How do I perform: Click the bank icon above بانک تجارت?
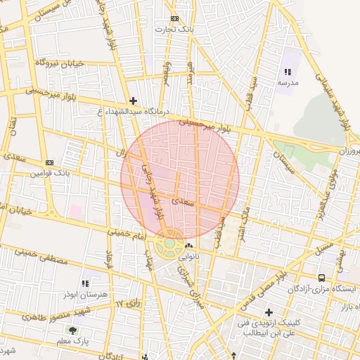[x=174, y=19]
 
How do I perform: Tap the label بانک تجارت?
[x=174, y=30]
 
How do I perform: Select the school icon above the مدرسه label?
[x=287, y=72]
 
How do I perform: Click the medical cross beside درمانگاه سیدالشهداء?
[x=134, y=101]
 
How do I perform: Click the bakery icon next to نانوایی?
[x=188, y=246]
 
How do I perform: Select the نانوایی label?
[x=188, y=257]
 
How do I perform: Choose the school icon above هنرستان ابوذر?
[x=86, y=283]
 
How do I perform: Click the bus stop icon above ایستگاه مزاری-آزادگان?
[x=321, y=278]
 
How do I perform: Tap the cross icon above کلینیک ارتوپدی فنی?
[x=268, y=312]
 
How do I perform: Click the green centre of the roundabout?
[x=169, y=243]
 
